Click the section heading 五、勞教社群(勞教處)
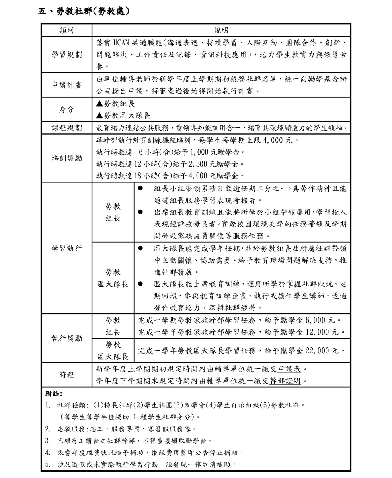83,11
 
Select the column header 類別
66,31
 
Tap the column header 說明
221,31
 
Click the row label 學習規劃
66,55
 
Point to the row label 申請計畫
66,85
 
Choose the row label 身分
66,110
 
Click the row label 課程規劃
66,128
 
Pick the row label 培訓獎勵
66,158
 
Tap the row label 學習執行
66,248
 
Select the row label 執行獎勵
66,338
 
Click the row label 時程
66,374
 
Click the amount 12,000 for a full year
318,332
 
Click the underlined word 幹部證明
285,380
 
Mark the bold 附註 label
53,394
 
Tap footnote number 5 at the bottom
47,464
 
